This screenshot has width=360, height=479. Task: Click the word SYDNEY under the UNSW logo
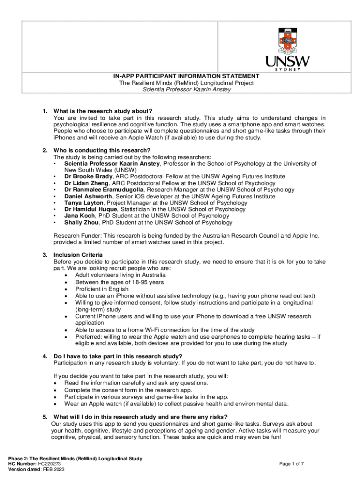[287, 69]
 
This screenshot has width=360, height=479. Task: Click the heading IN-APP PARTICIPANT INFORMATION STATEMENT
[186, 76]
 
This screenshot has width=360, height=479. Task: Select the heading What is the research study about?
[103, 111]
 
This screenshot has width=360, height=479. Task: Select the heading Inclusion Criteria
[78, 255]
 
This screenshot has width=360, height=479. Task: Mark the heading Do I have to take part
[117, 356]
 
